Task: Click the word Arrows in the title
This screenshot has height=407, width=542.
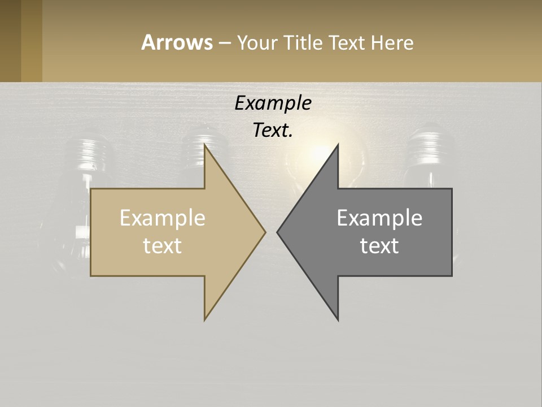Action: coord(177,42)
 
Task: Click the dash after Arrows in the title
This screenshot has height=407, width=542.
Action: coord(224,43)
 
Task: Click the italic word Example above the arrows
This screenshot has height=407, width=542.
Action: coord(273,103)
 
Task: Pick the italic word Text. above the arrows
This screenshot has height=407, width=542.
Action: coord(273,131)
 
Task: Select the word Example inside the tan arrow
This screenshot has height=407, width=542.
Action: coord(162,218)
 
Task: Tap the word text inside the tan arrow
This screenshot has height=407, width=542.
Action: coord(162,246)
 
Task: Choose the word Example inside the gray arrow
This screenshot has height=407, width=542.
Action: coord(379,218)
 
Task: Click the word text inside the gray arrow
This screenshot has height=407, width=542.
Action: coord(379,246)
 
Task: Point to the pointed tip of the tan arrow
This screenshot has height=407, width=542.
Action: coord(264,231)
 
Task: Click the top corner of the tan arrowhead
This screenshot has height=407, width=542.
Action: coord(205,146)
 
